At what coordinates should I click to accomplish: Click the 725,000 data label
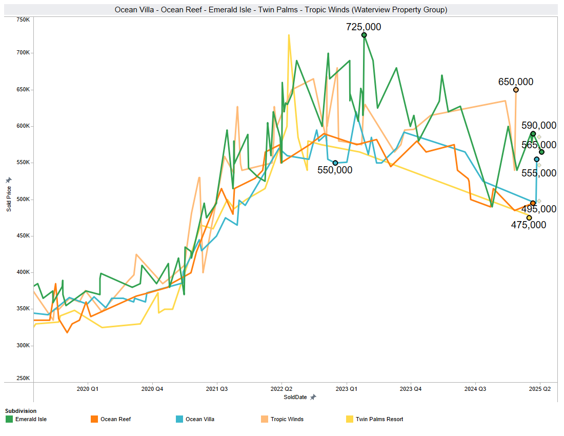coord(364,27)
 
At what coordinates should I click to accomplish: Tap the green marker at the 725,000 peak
coord(364,35)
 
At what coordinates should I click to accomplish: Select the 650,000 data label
coord(515,82)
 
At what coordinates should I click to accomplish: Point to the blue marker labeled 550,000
coord(335,163)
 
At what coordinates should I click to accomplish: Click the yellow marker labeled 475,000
coord(529,218)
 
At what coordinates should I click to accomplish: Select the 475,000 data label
coord(529,225)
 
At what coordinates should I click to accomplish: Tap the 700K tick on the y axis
coord(24,53)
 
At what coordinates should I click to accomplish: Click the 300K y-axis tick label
coord(24,345)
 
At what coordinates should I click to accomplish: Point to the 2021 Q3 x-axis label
coord(216,389)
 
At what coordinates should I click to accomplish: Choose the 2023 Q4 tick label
coord(410,389)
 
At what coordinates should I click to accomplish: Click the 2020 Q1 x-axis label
coord(87,389)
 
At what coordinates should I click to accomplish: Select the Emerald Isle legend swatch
coord(9,419)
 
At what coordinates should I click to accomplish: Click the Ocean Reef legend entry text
coord(115,419)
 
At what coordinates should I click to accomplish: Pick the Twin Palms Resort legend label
coord(379,419)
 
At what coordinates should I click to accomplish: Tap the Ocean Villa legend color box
coord(179,419)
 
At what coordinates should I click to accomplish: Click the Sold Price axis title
coord(9,199)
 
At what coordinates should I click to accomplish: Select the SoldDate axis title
coord(295,397)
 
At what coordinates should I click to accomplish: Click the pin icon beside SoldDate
coord(313,397)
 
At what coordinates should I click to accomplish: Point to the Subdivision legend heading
coord(21,411)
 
